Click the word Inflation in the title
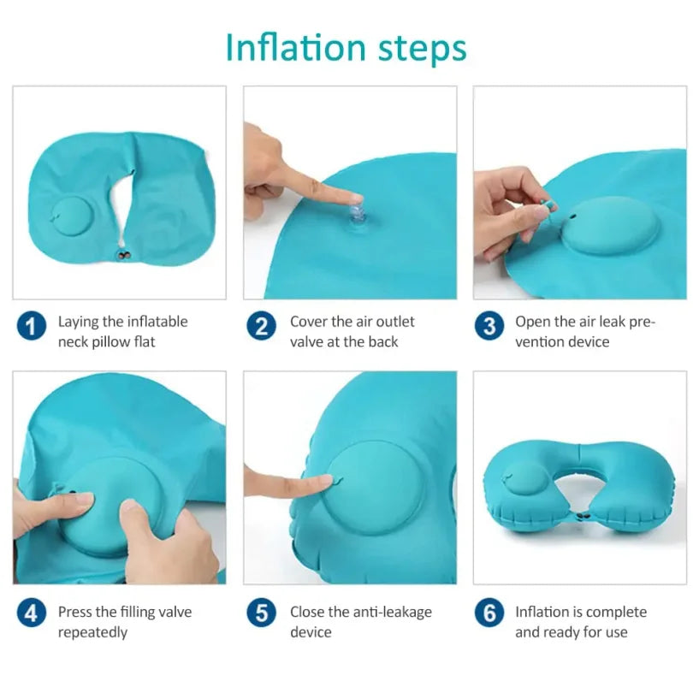tap(283, 48)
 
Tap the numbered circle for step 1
tap(32, 326)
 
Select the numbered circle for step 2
tap(261, 326)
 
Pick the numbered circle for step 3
tap(489, 326)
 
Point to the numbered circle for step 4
tap(32, 613)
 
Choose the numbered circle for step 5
tap(261, 613)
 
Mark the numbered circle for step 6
tap(489, 613)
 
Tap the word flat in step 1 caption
tap(142, 342)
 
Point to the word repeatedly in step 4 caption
tap(92, 632)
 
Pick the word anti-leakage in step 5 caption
tap(390, 612)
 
